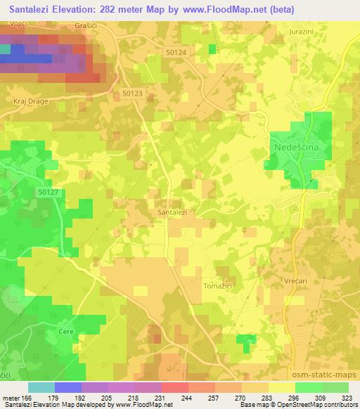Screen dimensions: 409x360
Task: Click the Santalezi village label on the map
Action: pyautogui.click(x=172, y=211)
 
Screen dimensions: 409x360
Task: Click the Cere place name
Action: pyautogui.click(x=67, y=330)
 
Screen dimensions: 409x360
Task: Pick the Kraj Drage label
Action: pyautogui.click(x=29, y=100)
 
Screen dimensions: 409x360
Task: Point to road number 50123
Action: pyautogui.click(x=131, y=93)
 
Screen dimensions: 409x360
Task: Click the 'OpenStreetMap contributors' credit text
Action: pyautogui.click(x=323, y=405)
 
